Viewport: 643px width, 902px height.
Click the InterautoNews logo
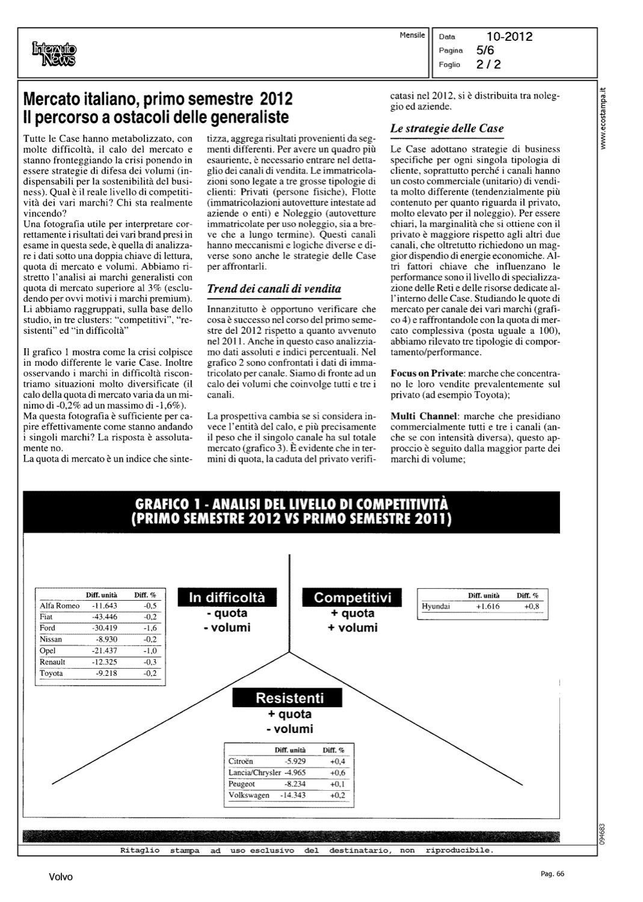[55, 52]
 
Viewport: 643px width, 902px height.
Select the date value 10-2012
[509, 37]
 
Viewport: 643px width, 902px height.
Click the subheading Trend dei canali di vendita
[274, 289]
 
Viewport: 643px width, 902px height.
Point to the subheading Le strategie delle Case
[447, 128]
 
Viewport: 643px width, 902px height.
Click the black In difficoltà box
[227, 597]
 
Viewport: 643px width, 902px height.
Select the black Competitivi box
[352, 597]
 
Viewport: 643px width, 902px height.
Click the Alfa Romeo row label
[60, 606]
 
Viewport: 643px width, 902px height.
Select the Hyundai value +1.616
[487, 606]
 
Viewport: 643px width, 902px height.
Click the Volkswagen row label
[249, 795]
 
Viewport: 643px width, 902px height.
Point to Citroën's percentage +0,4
[337, 761]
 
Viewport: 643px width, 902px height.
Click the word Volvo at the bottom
[61, 877]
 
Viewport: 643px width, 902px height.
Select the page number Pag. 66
[552, 874]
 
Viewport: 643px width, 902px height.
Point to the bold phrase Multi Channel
[424, 416]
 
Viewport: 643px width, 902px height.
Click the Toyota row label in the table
[51, 673]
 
